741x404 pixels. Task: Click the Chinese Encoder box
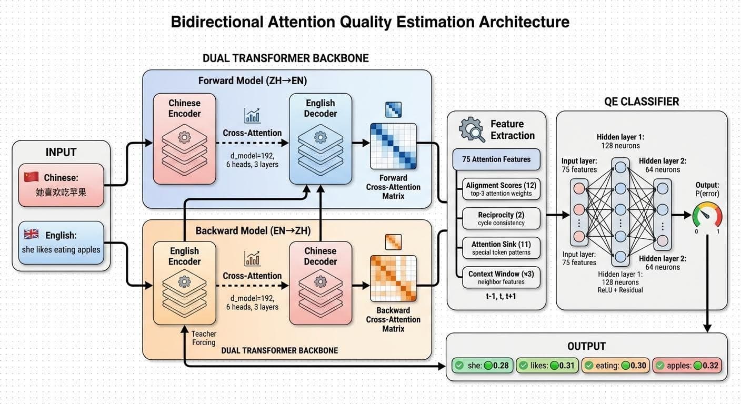[184, 139]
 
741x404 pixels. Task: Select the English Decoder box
[320, 139]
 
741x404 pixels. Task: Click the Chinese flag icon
[32, 177]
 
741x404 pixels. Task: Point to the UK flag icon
[32, 235]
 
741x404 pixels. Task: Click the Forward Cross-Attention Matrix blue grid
[393, 146]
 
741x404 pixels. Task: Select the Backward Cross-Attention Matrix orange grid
[393, 278]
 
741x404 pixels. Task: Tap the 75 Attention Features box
[496, 159]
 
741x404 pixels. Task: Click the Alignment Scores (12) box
[501, 189]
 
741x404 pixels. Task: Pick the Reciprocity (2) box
[501, 218]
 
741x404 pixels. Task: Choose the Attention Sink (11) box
[501, 248]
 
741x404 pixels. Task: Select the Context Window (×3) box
[501, 277]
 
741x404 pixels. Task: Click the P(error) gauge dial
[707, 216]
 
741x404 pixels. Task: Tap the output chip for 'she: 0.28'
[483, 366]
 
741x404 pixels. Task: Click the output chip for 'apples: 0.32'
[687, 366]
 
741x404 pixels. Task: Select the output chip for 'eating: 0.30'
[615, 366]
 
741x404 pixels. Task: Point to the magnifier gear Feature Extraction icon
[472, 129]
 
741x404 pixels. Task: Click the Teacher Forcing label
[204, 338]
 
